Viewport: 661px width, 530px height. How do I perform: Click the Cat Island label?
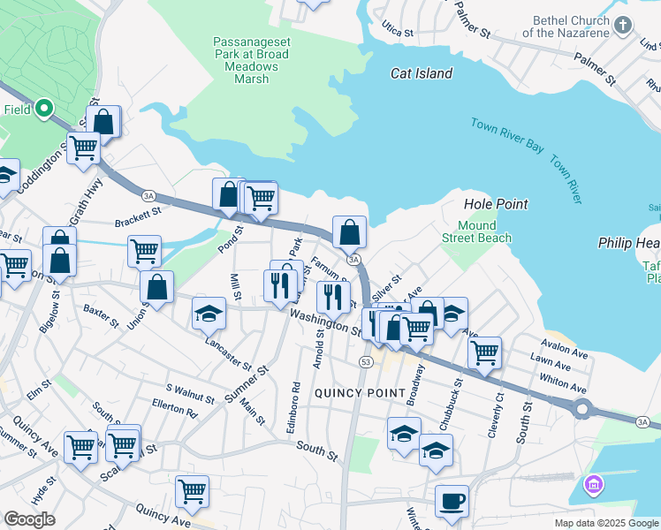[x=422, y=74]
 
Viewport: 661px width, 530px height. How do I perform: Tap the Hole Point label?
[x=496, y=204]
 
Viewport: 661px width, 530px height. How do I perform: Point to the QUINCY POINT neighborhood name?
[x=359, y=392]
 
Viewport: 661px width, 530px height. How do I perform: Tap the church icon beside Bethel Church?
[x=624, y=26]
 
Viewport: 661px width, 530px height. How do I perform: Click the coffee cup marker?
[x=452, y=501]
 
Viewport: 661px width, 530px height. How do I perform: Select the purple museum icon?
[x=592, y=485]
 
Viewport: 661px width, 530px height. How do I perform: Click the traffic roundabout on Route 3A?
[x=581, y=409]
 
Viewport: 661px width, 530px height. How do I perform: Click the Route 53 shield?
[x=365, y=361]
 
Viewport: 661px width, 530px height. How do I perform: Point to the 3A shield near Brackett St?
[x=148, y=195]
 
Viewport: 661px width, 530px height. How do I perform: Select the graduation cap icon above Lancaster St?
[x=209, y=314]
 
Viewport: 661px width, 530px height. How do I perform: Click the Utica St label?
[x=397, y=32]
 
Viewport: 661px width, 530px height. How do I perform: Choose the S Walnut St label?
[x=191, y=393]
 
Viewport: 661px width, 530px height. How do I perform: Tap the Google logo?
[x=29, y=519]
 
